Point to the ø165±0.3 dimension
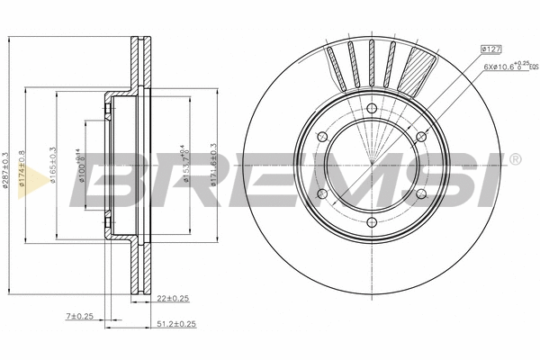pyautogui.click(x=56, y=167)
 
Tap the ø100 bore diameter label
pyautogui.click(x=82, y=167)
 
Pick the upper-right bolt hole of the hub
pyautogui.click(x=420, y=137)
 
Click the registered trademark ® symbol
pyautogui.click(x=514, y=160)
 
